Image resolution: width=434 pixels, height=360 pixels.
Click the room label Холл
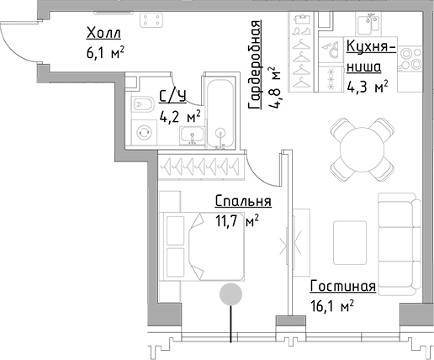104,34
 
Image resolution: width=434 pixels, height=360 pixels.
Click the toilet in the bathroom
142,104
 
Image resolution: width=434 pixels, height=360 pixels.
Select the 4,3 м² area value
368,85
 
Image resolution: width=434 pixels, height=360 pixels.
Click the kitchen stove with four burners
410,57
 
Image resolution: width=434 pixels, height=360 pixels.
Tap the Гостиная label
341,286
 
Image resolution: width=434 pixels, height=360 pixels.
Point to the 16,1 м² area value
331,305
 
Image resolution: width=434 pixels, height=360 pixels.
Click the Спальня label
242,202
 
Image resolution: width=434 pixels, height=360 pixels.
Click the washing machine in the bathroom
144,133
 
